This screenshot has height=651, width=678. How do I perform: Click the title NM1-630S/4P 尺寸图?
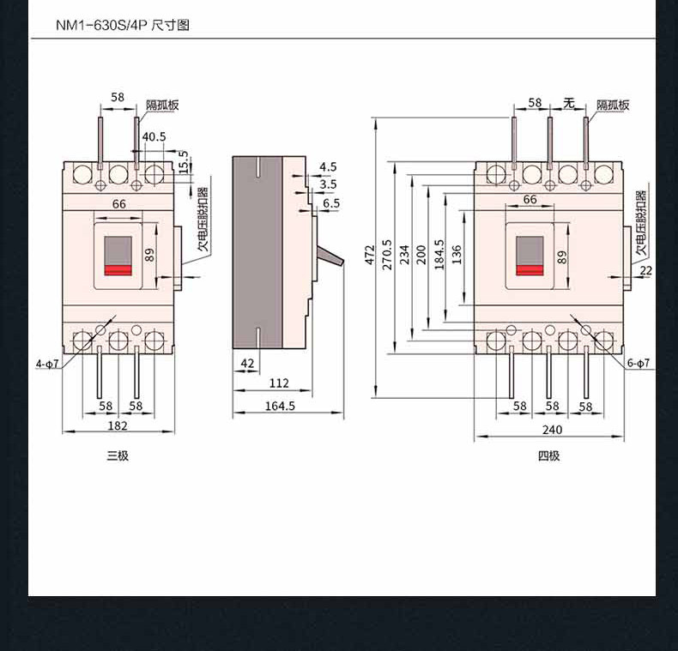coord(123,25)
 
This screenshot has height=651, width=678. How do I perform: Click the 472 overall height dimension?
coord(369,255)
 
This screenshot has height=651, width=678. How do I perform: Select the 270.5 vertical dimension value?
coord(387,255)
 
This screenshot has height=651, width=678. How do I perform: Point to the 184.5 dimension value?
coord(439,255)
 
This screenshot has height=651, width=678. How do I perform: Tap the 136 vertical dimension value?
coord(457,255)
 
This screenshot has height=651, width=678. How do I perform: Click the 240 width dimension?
coord(552,430)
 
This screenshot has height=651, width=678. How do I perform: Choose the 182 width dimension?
coord(118,425)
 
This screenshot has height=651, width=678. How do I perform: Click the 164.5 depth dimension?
coord(280,406)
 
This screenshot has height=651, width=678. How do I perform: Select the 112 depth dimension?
coord(279,383)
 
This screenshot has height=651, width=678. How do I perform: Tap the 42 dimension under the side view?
coord(247,364)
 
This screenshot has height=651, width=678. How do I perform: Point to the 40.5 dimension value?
coord(154,136)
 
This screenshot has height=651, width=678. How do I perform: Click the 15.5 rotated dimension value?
coord(184,162)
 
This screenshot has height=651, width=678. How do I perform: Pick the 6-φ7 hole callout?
coord(639,363)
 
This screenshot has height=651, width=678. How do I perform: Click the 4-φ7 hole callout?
coord(47,364)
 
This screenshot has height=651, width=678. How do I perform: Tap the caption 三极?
coord(118,455)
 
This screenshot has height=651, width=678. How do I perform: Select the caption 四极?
coord(548,455)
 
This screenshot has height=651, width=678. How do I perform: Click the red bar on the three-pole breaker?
coord(118,270)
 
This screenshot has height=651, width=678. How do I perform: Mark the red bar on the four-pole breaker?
coord(530,270)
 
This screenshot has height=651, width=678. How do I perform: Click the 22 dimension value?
coord(645,270)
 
